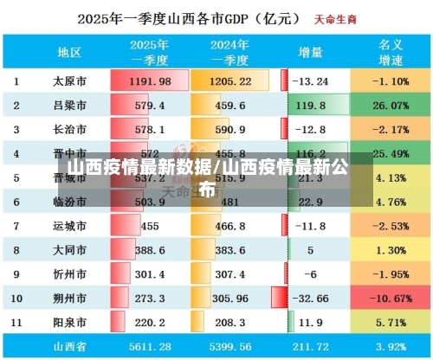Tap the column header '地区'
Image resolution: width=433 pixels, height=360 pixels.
[x=68, y=53]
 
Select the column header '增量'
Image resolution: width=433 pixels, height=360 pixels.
[x=310, y=53]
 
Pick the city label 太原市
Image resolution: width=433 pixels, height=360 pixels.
[x=68, y=81]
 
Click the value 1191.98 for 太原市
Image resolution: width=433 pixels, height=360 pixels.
[x=152, y=81]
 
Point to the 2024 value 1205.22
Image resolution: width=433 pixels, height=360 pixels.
[x=229, y=81]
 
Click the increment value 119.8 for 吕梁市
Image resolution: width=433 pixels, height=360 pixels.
[x=310, y=106]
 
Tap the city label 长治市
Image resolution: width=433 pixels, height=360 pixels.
[x=68, y=130]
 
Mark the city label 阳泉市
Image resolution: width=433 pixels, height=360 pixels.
[x=68, y=321]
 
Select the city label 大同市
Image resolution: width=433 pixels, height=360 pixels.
[x=68, y=249]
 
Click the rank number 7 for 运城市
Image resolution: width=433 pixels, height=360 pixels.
[x=16, y=225]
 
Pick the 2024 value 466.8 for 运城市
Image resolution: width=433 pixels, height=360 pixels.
[x=229, y=225]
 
